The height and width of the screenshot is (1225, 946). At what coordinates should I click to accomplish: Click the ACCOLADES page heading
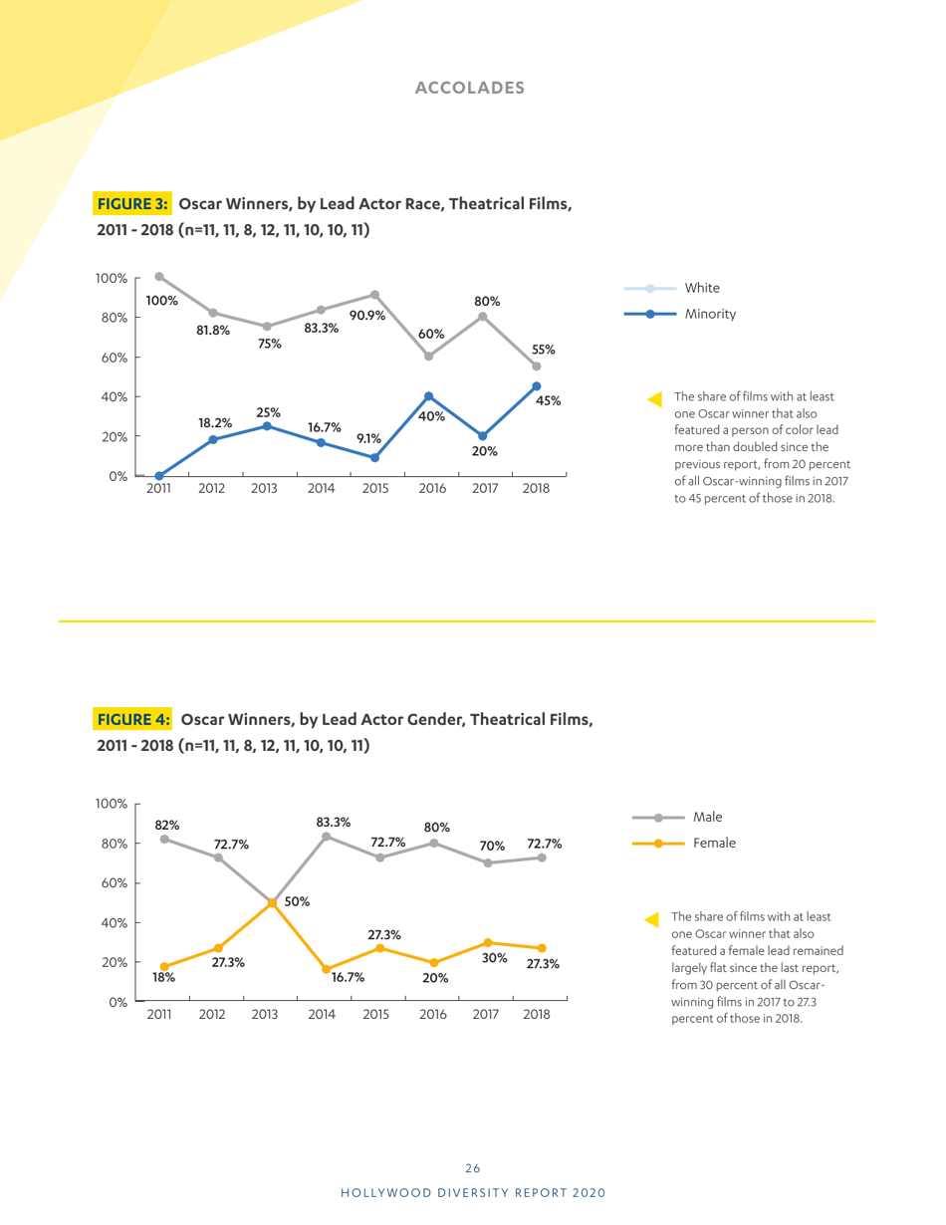[x=469, y=88]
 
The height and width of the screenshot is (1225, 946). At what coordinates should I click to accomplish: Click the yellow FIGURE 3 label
[x=133, y=204]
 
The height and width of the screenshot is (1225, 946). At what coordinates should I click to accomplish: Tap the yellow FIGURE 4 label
[x=133, y=718]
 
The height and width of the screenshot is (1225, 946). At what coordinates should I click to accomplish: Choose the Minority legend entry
[x=709, y=314]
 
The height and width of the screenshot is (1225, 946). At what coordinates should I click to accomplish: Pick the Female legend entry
[x=714, y=843]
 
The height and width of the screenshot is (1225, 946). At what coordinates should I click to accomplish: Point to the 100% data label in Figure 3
[x=162, y=300]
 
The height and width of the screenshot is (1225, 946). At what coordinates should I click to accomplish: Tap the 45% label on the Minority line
[x=550, y=400]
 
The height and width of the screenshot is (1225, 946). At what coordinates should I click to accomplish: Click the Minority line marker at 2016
[x=428, y=396]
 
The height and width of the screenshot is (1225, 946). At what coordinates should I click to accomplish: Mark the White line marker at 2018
[x=536, y=367]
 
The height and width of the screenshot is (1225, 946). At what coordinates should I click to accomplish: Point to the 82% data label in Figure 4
[x=165, y=825]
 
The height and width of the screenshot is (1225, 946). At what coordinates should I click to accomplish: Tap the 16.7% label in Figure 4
[x=347, y=977]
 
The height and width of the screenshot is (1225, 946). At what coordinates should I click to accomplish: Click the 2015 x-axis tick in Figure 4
[x=375, y=1015]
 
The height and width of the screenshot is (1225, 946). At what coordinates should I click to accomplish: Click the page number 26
[x=473, y=1168]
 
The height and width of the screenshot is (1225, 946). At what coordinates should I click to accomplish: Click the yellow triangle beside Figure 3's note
[x=654, y=399]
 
